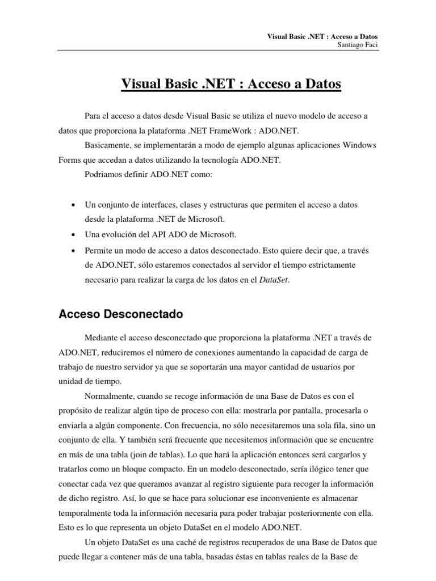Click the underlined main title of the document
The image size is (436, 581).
pyautogui.click(x=231, y=85)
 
